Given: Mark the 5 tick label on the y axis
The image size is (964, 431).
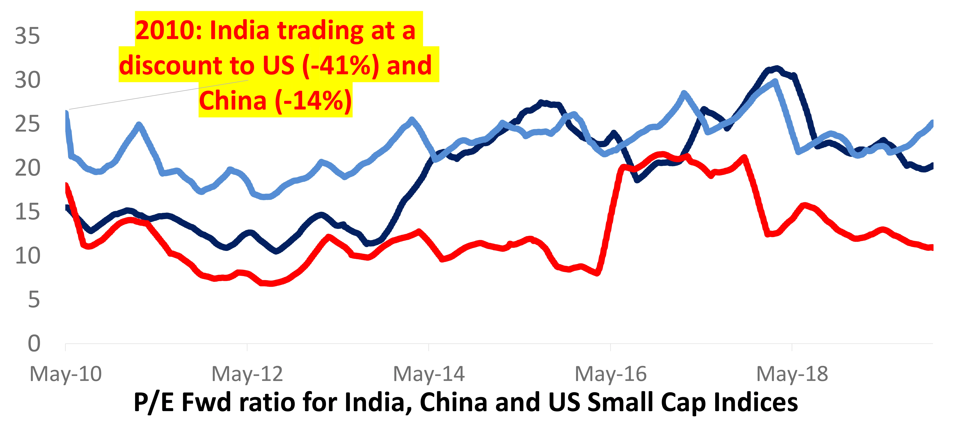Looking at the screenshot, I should coord(34,300).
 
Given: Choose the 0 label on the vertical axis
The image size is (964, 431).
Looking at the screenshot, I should coord(34,343).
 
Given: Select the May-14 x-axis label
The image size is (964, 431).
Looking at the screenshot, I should coord(429,374).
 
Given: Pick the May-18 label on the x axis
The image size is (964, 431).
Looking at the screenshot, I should coord(792,374).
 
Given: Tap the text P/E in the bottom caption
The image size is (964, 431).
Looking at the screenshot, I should coord(153,402).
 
